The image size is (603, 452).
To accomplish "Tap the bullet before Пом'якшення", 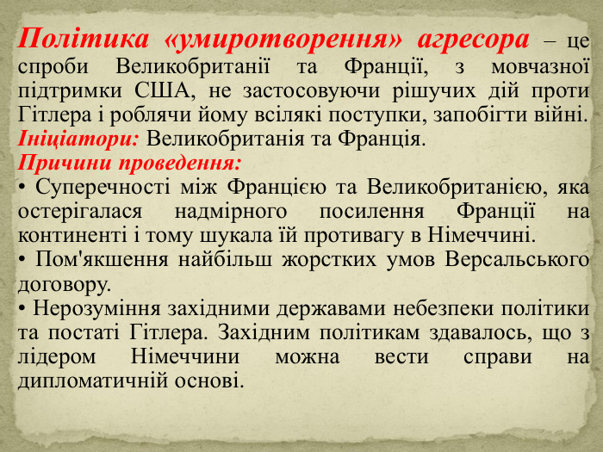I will click(22, 259).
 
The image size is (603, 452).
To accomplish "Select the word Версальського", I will click(528, 259).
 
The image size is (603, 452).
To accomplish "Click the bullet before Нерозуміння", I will click(22, 307).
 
